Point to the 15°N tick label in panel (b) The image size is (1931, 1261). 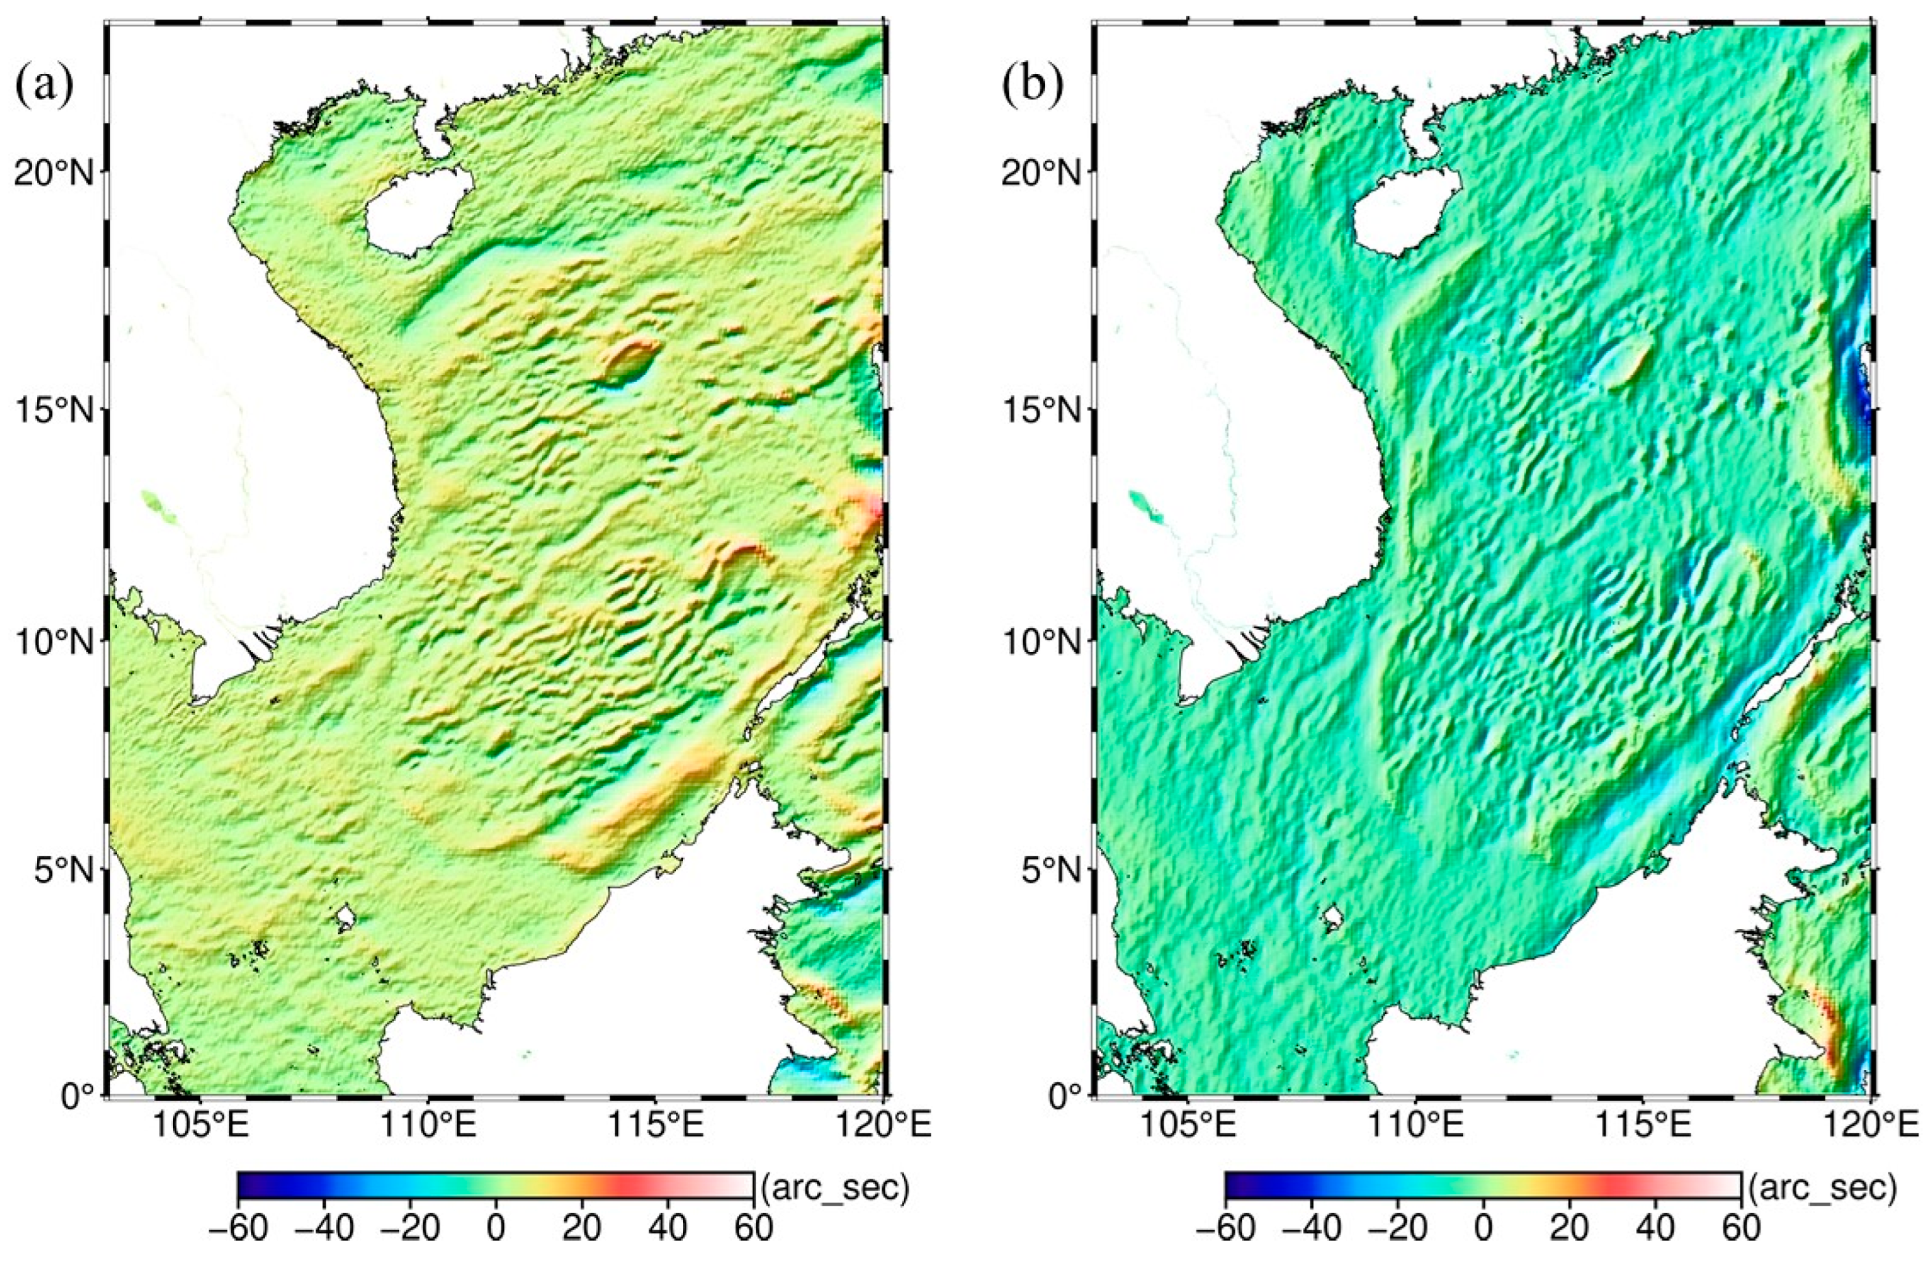pyautogui.click(x=1041, y=408)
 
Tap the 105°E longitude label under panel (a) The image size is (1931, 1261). pyautogui.click(x=198, y=1126)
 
